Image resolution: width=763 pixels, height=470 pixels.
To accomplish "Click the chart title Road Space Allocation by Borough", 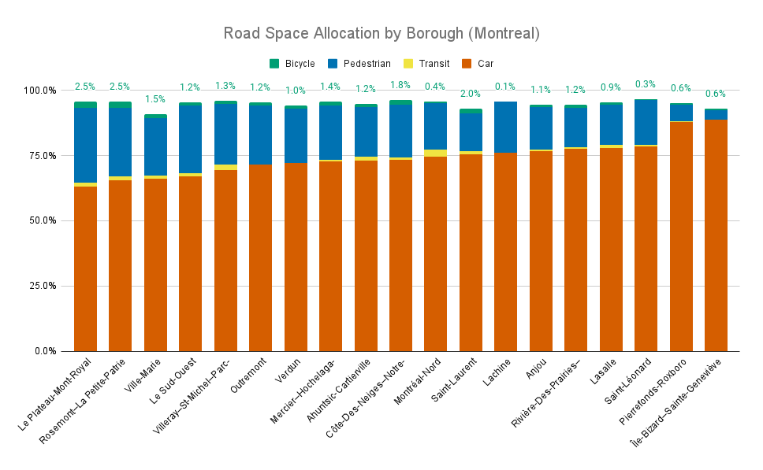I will (381, 33).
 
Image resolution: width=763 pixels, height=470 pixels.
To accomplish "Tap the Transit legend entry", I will (434, 64).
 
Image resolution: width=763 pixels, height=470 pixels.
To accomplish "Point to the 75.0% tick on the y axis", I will (40, 155).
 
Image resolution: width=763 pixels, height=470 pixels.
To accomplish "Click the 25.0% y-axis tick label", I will (40, 286).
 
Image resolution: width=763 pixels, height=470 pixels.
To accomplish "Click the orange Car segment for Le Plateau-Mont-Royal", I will (85, 268).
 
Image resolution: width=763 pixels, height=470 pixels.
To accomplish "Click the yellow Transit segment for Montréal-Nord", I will (435, 153).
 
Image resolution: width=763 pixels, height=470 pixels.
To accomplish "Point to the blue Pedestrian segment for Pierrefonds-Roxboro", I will (681, 113).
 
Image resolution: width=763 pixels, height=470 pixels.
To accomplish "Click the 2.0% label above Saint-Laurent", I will (471, 94).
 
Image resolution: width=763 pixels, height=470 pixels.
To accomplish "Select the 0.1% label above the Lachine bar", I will (505, 87).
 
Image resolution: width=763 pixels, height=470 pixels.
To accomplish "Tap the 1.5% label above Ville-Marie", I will (155, 99).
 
